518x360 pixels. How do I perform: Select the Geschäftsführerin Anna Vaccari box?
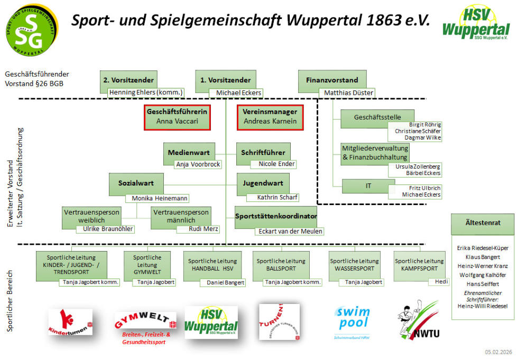tap(178, 117)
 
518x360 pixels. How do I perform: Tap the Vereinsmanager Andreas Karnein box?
tap(270, 117)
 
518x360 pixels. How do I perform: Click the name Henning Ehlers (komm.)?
tap(146, 93)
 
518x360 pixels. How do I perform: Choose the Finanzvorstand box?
tap(332, 80)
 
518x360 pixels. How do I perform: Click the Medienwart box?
tap(189, 152)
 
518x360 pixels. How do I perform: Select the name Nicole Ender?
tap(276, 164)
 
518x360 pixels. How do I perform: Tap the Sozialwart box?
tap(136, 183)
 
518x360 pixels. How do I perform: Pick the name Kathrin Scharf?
tap(277, 198)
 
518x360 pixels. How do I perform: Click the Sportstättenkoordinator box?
tap(276, 216)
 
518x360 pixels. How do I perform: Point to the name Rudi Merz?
tap(204, 229)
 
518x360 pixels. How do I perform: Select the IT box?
tap(368, 186)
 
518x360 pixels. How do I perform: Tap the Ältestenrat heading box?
tap(482, 224)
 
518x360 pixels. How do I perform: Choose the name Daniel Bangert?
tap(223, 283)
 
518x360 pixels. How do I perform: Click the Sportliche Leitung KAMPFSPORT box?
tap(419, 264)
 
